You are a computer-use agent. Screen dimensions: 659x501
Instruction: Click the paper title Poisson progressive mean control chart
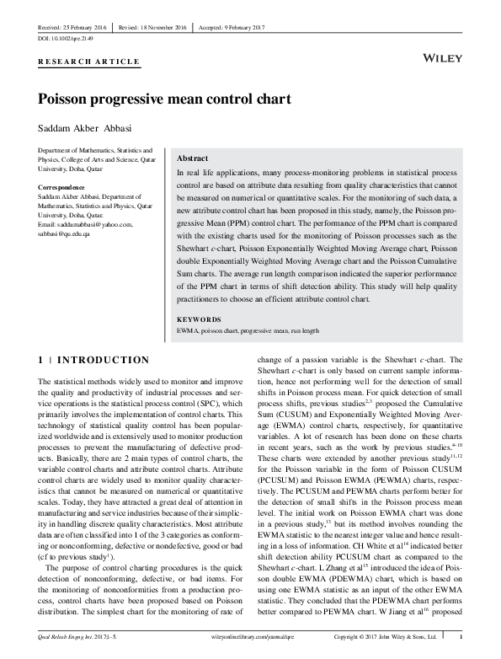pyautogui.click(x=165, y=98)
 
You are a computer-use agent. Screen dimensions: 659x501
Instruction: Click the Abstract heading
pyautogui.click(x=193, y=158)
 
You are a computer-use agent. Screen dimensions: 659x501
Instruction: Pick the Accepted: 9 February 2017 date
pyautogui.click(x=232, y=27)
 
